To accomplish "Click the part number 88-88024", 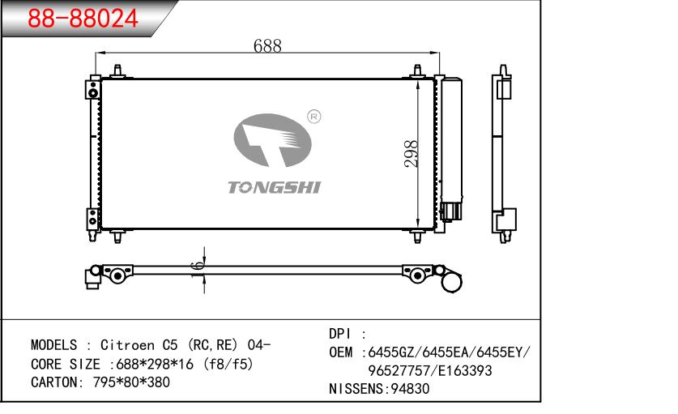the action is point(83,18).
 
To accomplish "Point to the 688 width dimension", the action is point(267,46).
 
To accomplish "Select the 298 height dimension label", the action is point(411,154).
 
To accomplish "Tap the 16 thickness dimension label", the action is point(197,271).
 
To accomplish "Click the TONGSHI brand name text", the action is point(274,187).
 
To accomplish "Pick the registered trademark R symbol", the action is point(314,117).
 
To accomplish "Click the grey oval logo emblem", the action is point(272,139).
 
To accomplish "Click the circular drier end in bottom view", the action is point(451,281).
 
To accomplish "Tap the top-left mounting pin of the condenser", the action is point(117,71).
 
